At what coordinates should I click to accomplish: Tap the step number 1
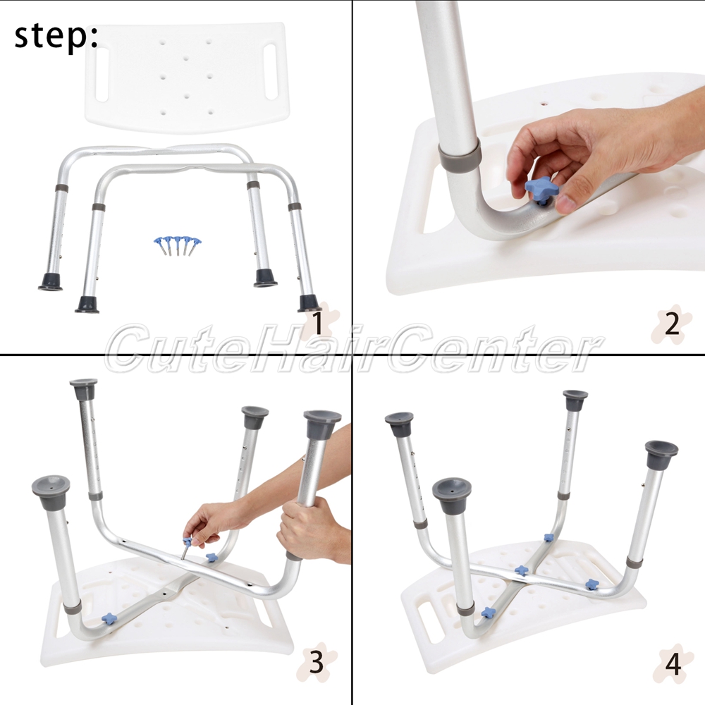coord(317,323)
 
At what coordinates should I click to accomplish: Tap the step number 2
coord(672,324)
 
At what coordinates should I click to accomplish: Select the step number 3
coord(317,661)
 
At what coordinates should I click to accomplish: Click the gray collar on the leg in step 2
coord(460,154)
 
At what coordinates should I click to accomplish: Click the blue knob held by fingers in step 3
coord(188,541)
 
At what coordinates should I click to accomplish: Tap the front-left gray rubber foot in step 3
coord(51,492)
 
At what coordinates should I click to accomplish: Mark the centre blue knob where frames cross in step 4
coord(522,570)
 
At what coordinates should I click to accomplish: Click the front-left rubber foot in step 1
coord(87,305)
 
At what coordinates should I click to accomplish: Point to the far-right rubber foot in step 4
coord(661,455)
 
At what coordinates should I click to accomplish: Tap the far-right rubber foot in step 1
coord(309,303)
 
